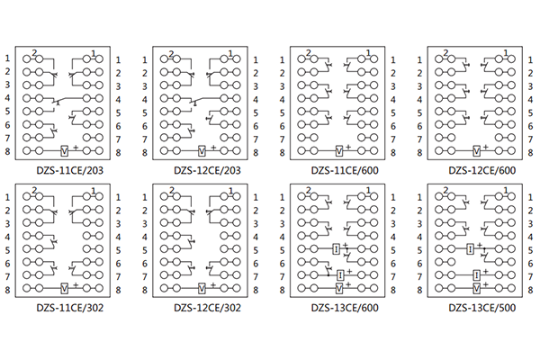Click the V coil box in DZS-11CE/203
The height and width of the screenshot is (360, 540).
click(x=65, y=149)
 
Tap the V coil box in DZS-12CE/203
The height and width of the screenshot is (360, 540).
click(x=202, y=149)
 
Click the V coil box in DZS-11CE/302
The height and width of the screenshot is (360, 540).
click(x=65, y=288)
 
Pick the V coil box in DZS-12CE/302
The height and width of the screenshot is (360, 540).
click(x=202, y=288)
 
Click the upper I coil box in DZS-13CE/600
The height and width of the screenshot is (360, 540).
click(x=335, y=247)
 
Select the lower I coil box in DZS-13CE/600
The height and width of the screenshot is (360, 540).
click(x=340, y=274)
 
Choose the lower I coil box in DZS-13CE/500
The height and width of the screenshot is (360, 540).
click(x=477, y=274)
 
